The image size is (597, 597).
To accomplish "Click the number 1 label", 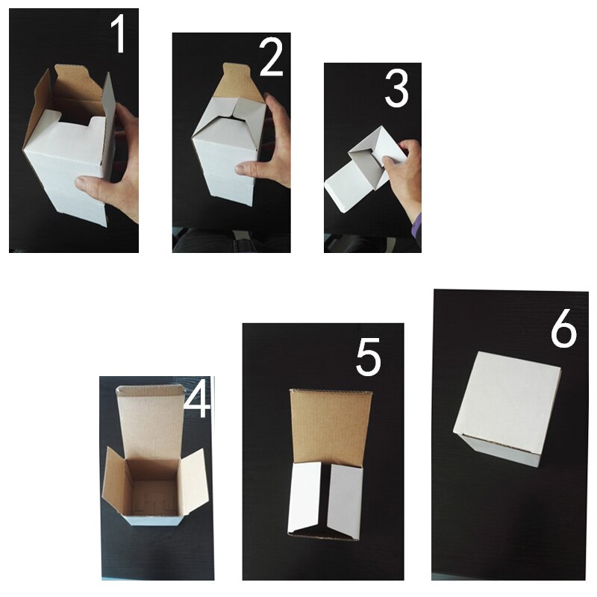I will click(x=118, y=36).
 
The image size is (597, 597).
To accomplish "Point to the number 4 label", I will click(x=196, y=401).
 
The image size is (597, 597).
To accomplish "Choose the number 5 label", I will click(x=368, y=358).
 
